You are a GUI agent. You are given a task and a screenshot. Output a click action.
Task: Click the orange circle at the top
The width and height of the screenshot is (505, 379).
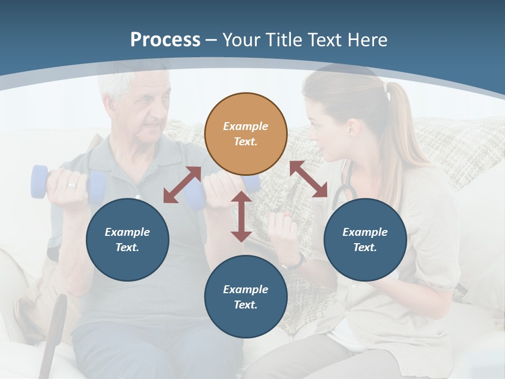point(246,134)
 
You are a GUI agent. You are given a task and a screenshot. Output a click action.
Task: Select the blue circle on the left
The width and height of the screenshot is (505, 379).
point(127,240)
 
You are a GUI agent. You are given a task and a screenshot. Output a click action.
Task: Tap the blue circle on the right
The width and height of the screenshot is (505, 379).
point(365,240)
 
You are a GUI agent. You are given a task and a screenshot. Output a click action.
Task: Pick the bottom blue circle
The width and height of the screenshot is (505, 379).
point(246,297)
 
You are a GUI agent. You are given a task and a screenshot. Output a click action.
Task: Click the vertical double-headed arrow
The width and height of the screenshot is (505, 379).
point(241,216)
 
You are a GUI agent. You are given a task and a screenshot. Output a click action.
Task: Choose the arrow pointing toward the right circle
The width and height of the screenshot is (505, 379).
point(308,179)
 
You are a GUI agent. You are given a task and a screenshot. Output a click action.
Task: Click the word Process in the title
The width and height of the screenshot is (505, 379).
point(165,40)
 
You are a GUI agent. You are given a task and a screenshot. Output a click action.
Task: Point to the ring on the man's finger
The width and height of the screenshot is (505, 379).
point(71,185)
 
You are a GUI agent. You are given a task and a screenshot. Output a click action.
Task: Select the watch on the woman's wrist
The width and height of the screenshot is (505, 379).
point(298,261)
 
